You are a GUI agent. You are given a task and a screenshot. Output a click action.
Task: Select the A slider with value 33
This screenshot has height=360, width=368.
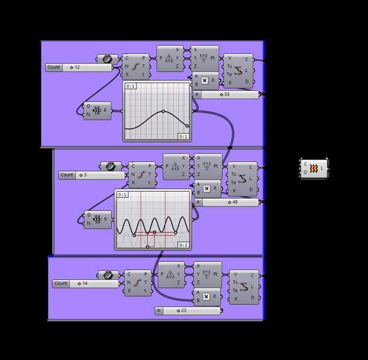[x=226, y=94]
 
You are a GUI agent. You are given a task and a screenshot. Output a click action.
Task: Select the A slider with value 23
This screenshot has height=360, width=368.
[x=188, y=311]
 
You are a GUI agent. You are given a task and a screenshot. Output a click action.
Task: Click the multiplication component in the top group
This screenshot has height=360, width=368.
[x=206, y=81]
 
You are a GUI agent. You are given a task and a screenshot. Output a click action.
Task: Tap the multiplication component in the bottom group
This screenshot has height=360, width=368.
[x=207, y=297]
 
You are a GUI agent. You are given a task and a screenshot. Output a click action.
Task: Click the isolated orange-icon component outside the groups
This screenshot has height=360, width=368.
[x=314, y=169]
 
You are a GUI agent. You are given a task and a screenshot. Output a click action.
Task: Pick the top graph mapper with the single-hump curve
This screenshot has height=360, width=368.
[x=157, y=111]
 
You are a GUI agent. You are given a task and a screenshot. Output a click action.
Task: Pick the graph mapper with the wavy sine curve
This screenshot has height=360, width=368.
[x=153, y=219]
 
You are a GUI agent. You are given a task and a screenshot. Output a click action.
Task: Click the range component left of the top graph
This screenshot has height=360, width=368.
[x=97, y=110]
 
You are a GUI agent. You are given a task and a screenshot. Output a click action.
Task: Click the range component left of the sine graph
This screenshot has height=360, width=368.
[x=97, y=219]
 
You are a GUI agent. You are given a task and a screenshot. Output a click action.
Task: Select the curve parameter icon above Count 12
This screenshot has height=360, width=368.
[x=107, y=59]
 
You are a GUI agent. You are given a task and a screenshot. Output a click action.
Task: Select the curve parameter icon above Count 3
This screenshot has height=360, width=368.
[x=111, y=167]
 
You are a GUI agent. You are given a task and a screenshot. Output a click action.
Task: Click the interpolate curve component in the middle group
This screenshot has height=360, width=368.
[x=241, y=178]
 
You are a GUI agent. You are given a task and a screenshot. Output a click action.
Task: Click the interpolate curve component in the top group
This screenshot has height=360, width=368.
[x=238, y=70]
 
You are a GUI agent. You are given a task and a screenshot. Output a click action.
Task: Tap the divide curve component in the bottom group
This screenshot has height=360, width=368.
[x=138, y=283]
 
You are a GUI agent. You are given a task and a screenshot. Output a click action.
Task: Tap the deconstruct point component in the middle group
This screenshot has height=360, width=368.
[x=176, y=167]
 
